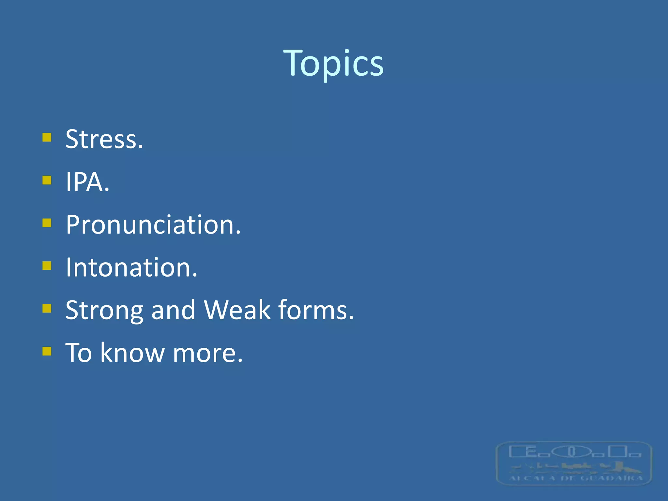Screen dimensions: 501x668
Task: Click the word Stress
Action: coord(104,139)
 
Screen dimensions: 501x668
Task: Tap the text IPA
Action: coord(87,182)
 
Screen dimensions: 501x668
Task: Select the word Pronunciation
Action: coord(153,225)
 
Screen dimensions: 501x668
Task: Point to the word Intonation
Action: coord(131,267)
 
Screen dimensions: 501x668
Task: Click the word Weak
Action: coord(237,310)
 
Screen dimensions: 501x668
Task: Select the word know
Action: coord(132,353)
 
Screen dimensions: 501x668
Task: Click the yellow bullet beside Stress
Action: coord(47,137)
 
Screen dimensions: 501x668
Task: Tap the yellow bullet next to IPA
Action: coord(47,180)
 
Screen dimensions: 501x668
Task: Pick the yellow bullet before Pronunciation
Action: coord(47,223)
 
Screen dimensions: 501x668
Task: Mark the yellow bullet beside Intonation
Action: coord(47,266)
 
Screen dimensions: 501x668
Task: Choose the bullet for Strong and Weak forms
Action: coord(47,308)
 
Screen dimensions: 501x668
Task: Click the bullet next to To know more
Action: coord(47,351)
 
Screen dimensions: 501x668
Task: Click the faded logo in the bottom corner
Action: coord(574,463)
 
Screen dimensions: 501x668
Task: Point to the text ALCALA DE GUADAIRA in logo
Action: coord(576,478)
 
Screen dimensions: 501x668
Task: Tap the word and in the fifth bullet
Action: coord(173,310)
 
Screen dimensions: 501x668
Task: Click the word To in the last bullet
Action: coord(79,353)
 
